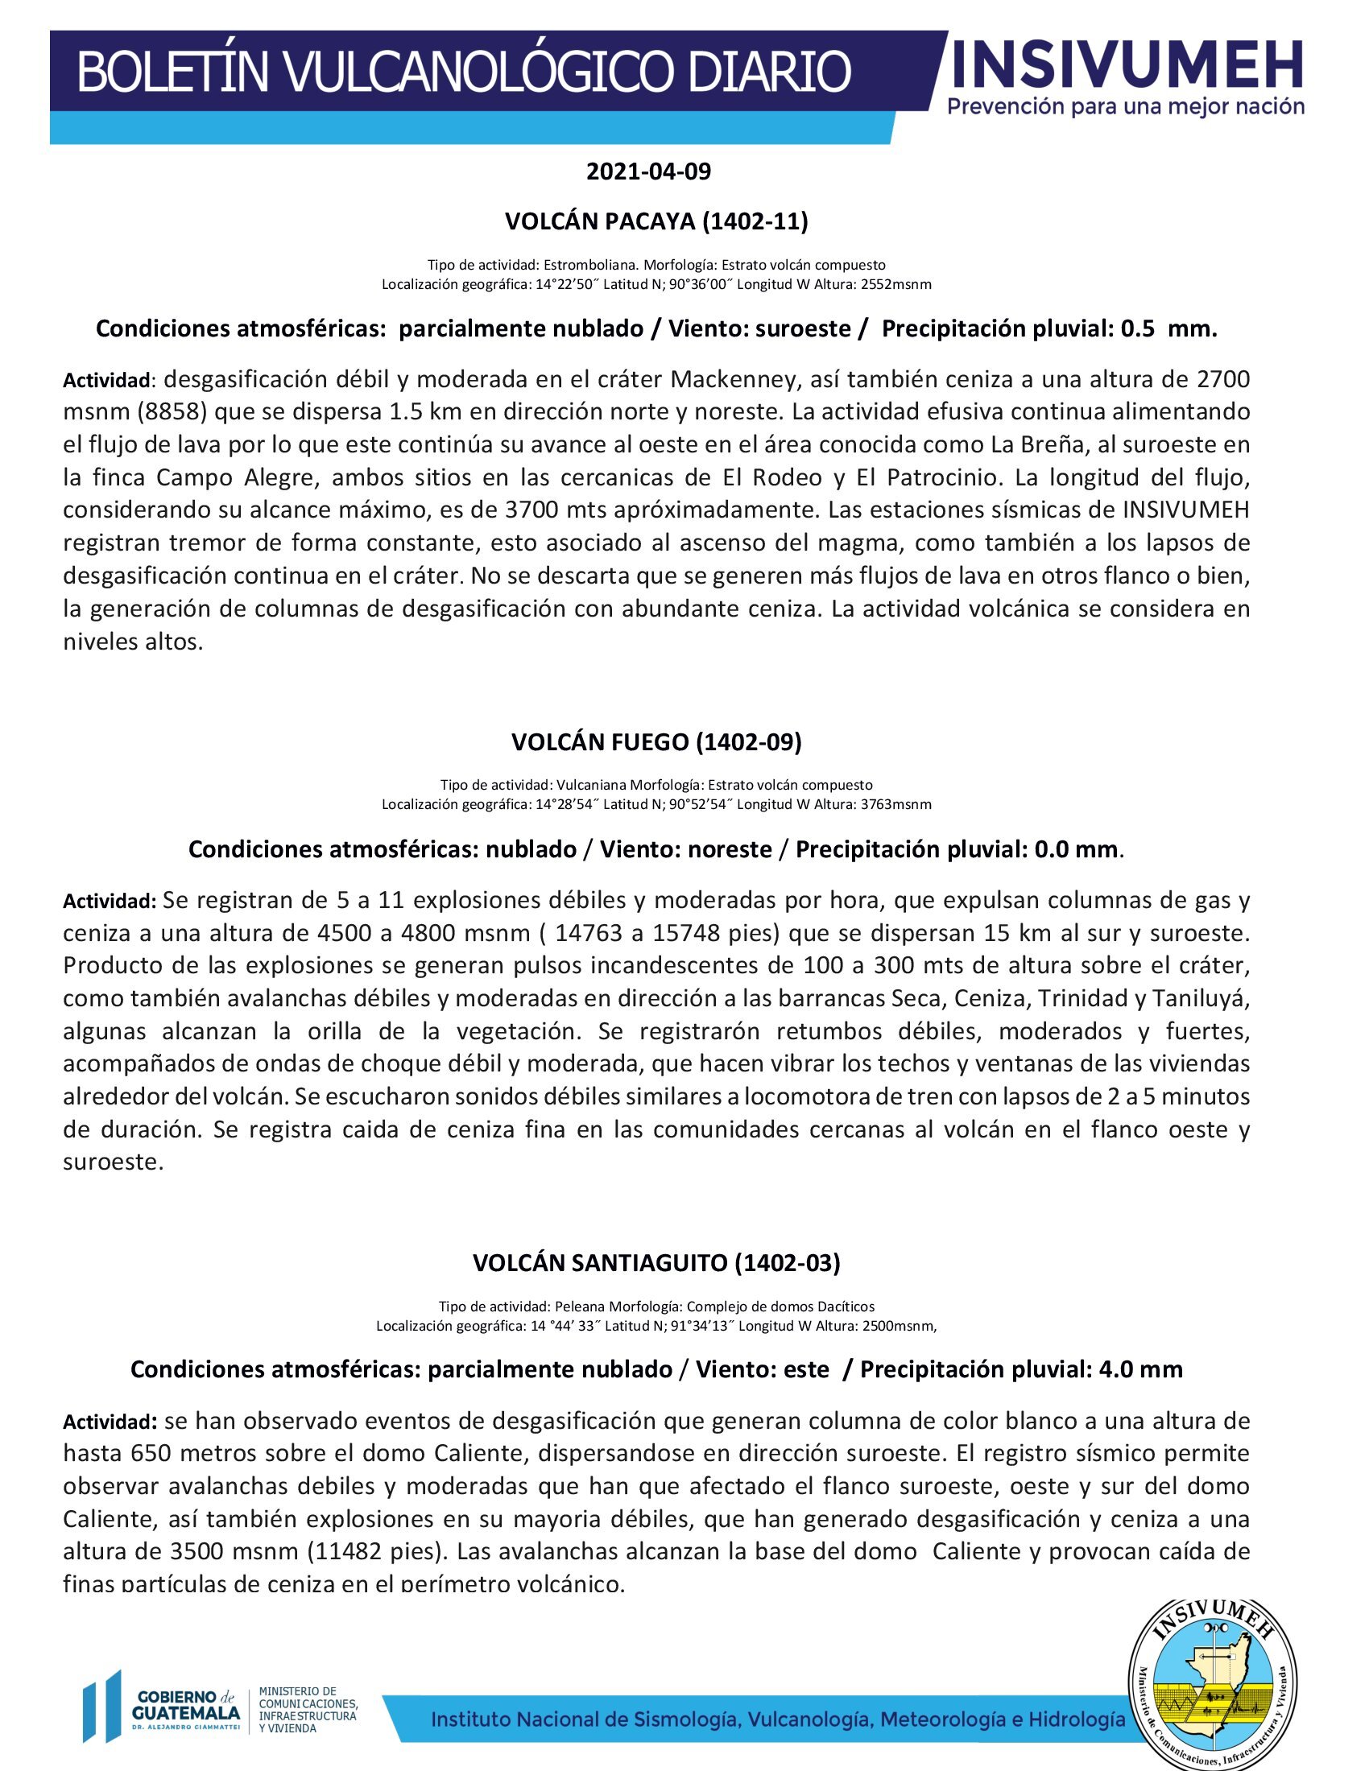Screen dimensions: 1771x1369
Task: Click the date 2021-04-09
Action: [648, 172]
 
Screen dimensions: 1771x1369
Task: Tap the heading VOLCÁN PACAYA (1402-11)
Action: [656, 221]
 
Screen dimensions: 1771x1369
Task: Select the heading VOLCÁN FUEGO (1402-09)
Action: [656, 742]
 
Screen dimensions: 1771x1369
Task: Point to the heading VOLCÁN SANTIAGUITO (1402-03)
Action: [656, 1262]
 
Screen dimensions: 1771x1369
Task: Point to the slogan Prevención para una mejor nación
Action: [1126, 106]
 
